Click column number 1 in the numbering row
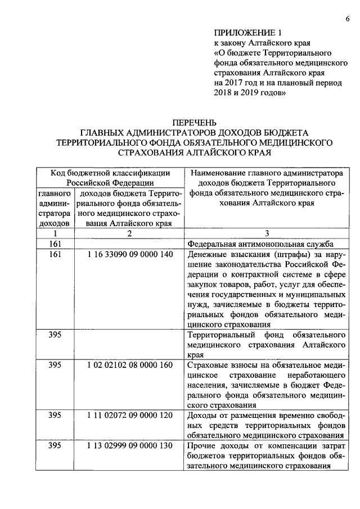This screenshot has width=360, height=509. pos(55,233)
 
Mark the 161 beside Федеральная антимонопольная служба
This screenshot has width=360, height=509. pos(55,244)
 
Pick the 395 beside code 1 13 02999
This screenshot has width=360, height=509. pos(55,446)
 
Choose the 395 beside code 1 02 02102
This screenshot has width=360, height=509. pos(55,365)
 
